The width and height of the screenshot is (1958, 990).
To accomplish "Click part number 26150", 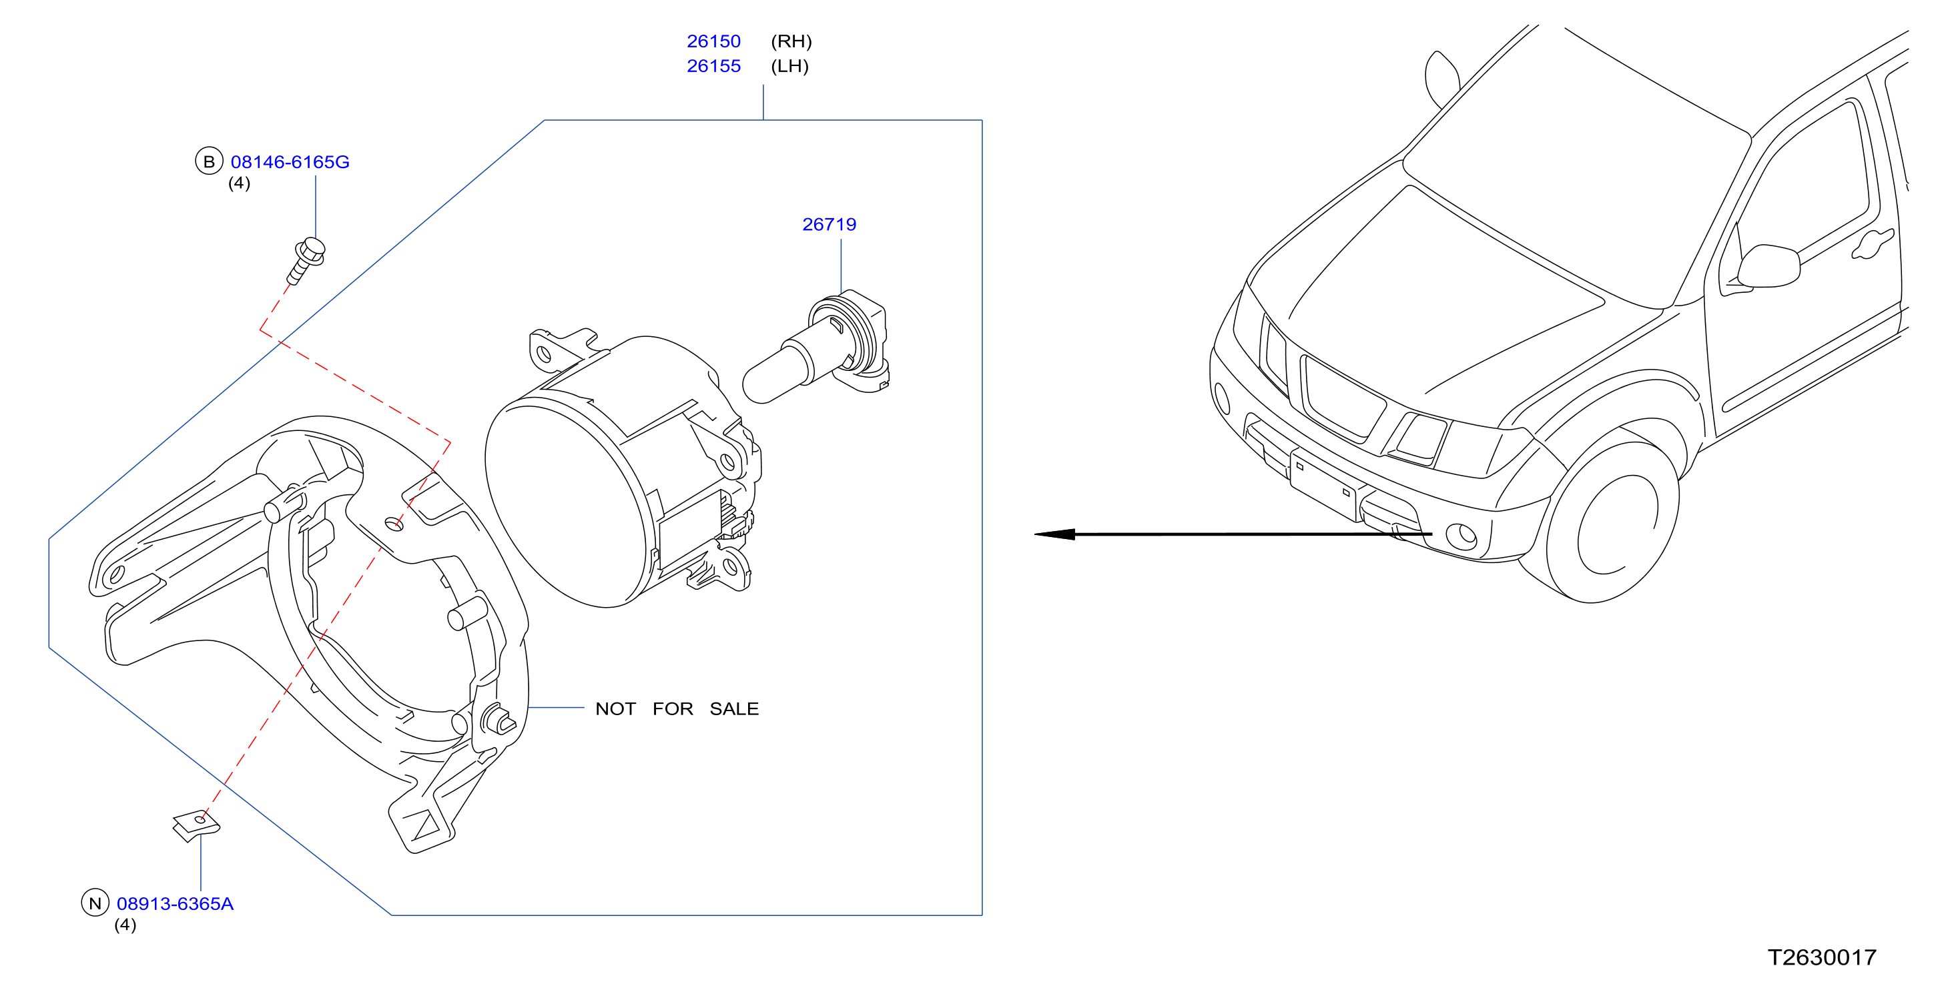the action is [713, 41].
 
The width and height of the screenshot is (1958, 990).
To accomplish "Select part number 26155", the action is [713, 66].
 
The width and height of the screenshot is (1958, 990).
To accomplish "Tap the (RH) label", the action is [791, 41].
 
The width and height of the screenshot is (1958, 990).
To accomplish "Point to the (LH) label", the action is [789, 66].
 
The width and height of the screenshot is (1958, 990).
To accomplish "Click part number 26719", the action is [830, 224].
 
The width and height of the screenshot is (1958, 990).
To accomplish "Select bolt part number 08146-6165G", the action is [290, 162].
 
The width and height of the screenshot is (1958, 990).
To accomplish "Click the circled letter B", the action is [209, 161].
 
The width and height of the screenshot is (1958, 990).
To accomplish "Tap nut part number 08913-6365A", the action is [175, 903].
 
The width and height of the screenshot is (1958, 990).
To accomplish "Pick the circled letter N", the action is [95, 903].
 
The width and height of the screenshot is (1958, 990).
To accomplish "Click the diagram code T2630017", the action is [1821, 957].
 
